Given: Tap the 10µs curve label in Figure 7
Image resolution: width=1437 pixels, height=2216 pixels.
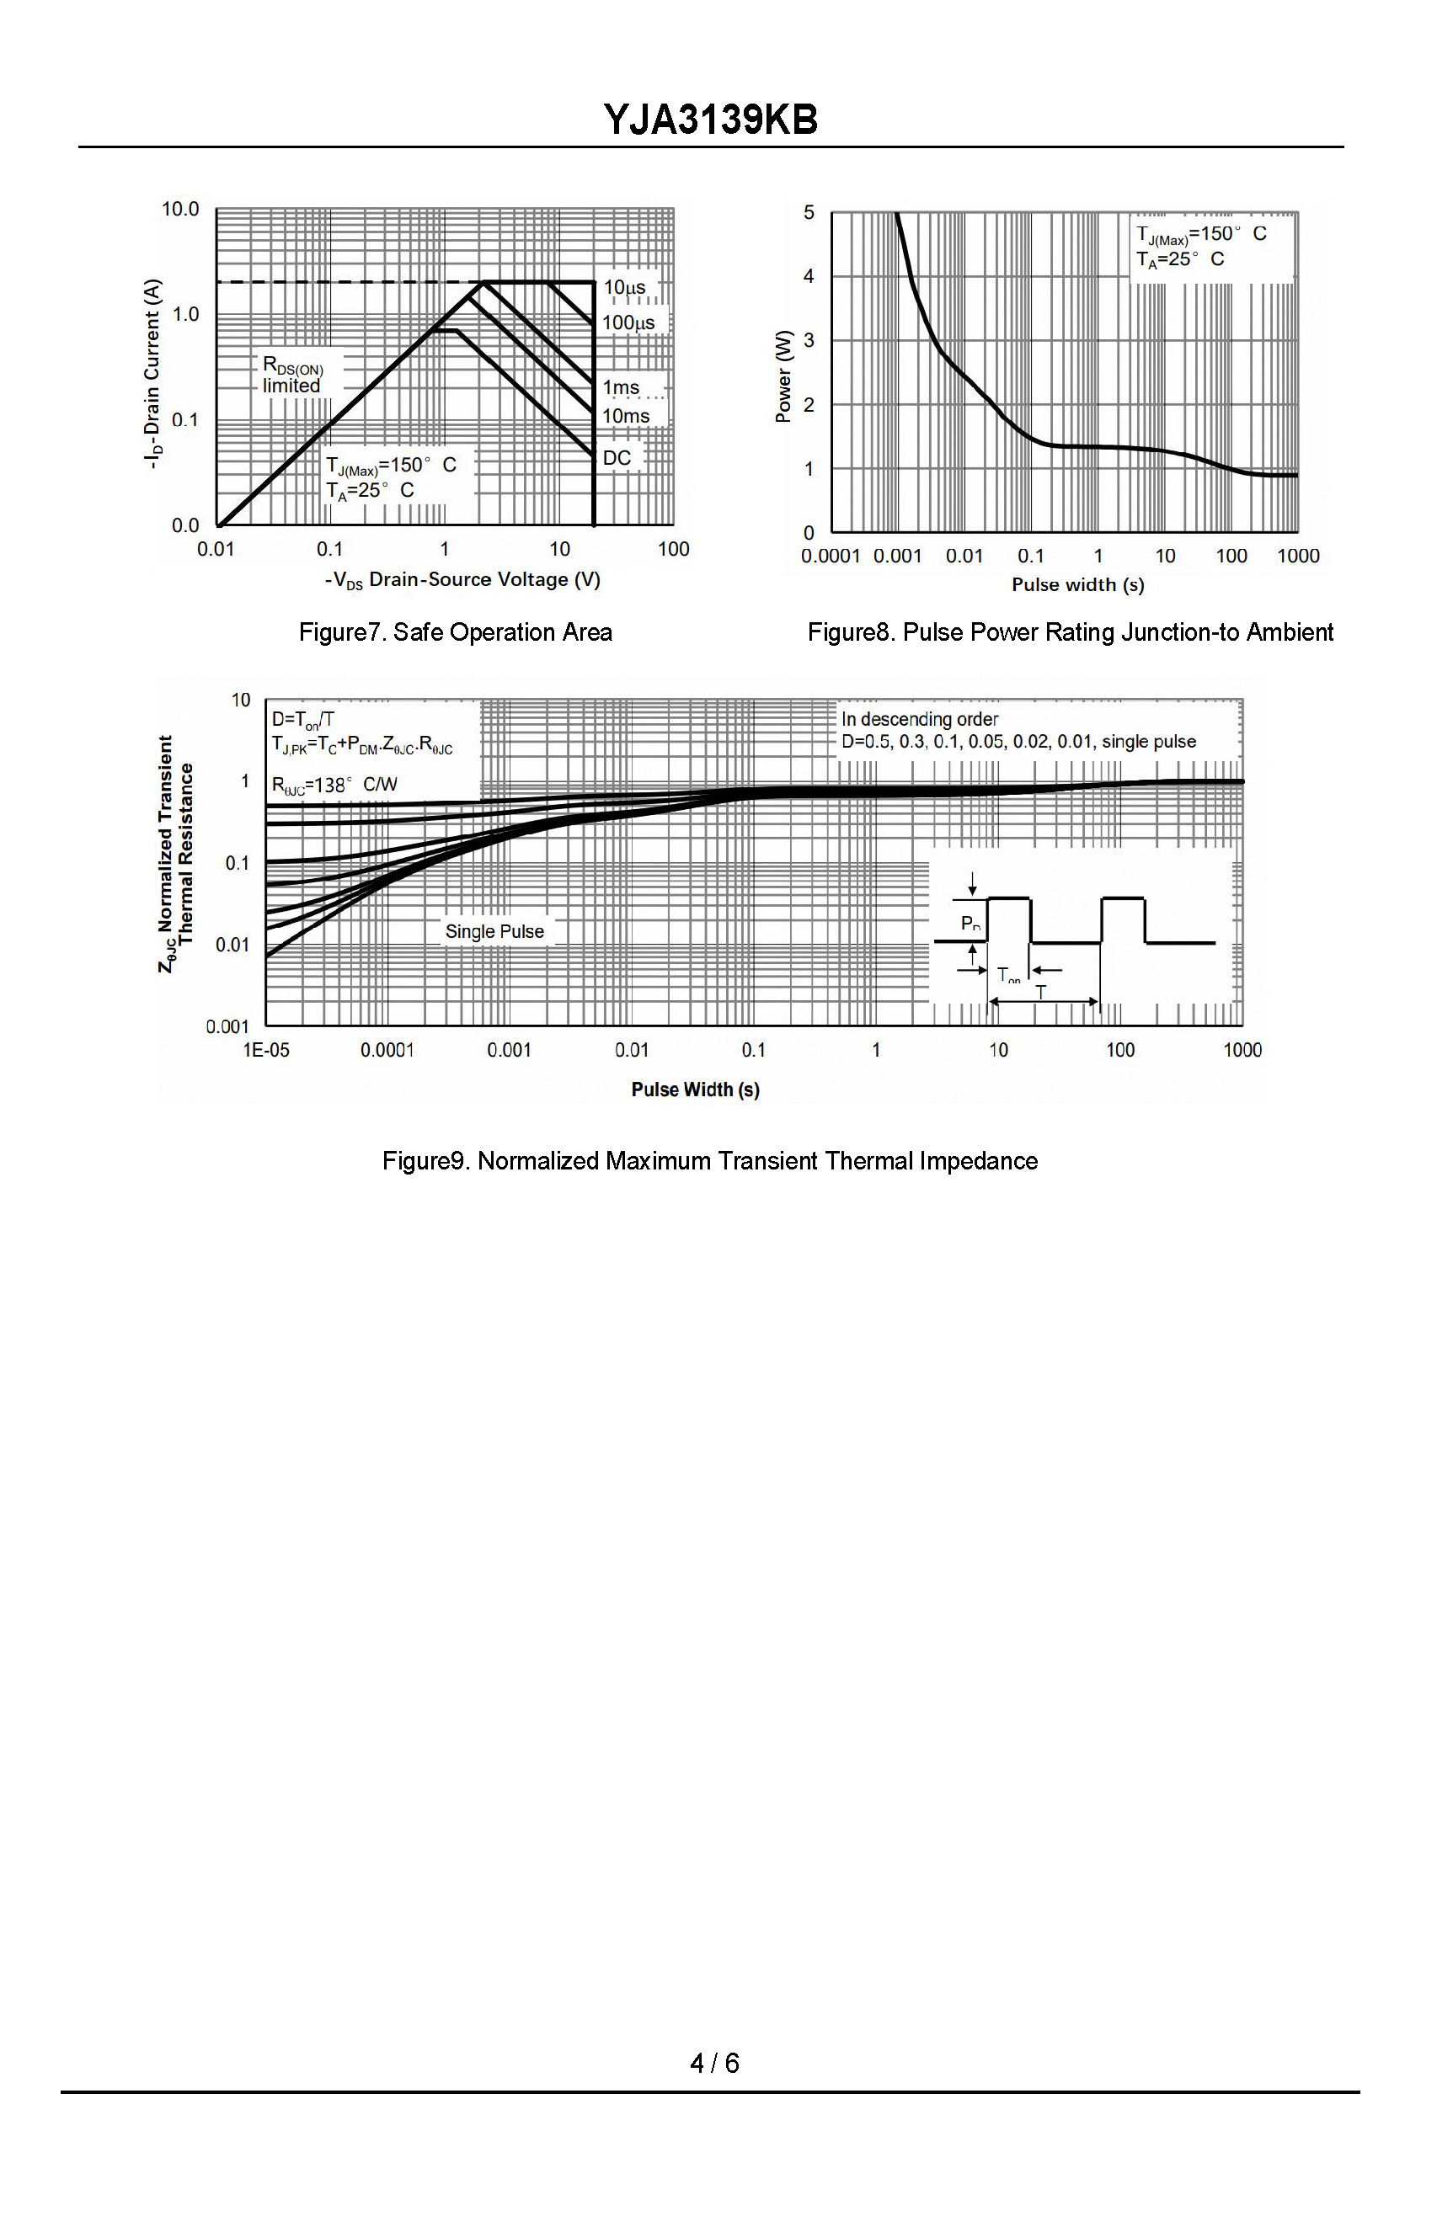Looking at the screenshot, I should (x=624, y=287).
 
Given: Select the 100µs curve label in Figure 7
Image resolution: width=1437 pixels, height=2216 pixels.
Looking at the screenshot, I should (x=628, y=322).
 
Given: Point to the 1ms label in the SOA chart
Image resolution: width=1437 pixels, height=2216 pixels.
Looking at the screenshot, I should (x=620, y=387).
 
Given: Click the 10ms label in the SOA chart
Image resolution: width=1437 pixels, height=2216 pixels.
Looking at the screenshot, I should (x=625, y=415).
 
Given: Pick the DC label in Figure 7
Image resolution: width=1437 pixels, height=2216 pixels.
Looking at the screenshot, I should (x=617, y=457).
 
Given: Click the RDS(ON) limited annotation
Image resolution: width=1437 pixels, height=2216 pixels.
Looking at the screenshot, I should (x=292, y=376).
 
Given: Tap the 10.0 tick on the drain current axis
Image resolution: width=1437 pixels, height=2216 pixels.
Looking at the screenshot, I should (x=179, y=209).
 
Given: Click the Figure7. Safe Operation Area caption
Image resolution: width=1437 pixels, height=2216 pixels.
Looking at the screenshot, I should (x=456, y=632).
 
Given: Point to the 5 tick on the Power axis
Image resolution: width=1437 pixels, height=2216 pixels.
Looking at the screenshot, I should (x=809, y=212).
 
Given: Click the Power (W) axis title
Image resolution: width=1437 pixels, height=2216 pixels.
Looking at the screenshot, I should (x=783, y=376).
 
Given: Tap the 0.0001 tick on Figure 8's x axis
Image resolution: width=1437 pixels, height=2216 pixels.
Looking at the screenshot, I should (x=830, y=556).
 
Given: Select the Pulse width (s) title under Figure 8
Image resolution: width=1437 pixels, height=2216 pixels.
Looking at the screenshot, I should (x=1077, y=584).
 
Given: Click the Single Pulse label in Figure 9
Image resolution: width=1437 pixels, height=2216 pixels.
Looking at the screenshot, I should (x=494, y=931).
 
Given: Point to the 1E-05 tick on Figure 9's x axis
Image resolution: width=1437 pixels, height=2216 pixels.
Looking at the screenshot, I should (x=266, y=1050).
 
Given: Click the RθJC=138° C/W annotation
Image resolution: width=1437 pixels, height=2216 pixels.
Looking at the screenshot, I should (x=334, y=785).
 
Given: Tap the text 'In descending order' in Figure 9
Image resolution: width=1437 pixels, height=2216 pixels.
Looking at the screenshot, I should (x=919, y=719).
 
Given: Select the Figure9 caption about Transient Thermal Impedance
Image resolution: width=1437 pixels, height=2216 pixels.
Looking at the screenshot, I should (x=709, y=1161).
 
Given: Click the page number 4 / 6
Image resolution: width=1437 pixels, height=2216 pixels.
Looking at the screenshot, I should (x=714, y=2063).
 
